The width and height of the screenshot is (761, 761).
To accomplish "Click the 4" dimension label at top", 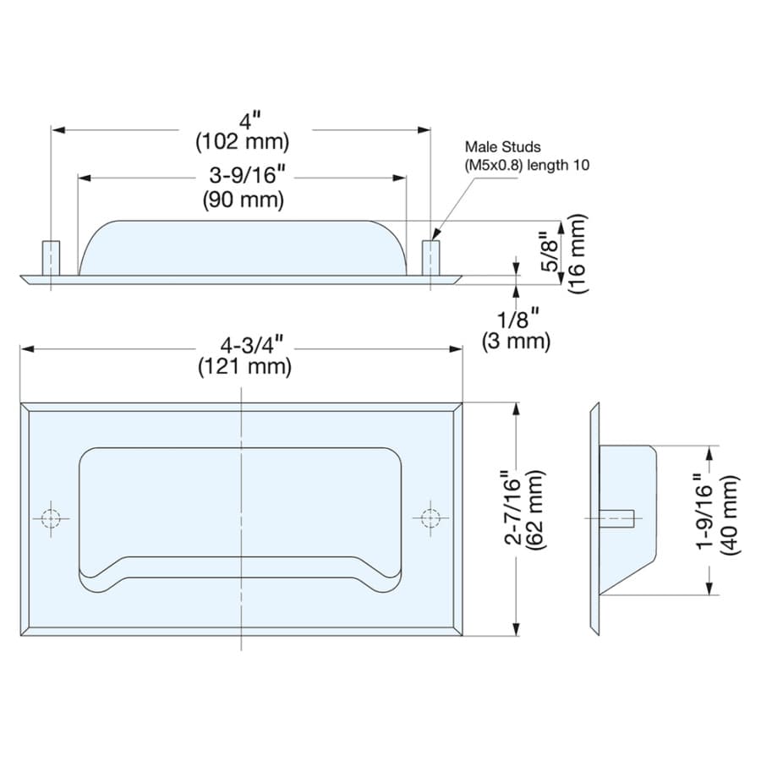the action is (x=250, y=120).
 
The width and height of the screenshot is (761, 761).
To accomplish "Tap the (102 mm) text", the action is (x=243, y=142).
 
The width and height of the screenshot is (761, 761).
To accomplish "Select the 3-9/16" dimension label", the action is (x=247, y=175).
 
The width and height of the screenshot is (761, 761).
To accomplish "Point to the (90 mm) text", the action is (x=244, y=200).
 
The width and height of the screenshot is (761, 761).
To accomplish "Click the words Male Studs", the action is (x=502, y=146).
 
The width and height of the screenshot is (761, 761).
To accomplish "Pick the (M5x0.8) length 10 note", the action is (x=527, y=165).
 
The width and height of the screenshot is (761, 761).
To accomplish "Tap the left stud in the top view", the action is (x=51, y=258).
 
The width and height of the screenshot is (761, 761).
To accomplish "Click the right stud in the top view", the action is (x=431, y=258).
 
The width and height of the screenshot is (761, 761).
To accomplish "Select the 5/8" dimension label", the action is (x=550, y=251).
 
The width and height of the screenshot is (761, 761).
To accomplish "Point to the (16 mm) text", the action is (x=578, y=254).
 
